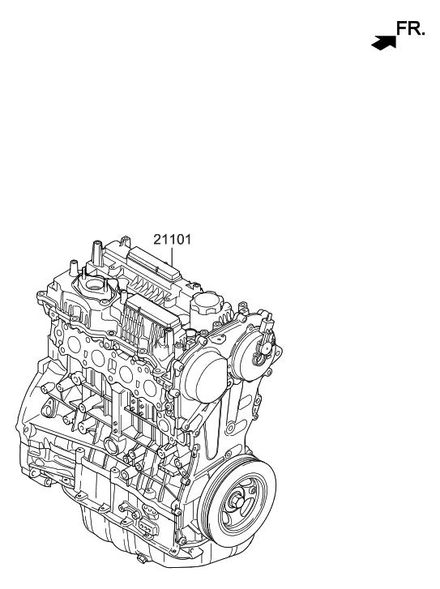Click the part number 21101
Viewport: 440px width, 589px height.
tap(172, 239)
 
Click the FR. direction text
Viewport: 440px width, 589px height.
tap(411, 28)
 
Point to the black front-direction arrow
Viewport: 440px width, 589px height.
tap(383, 42)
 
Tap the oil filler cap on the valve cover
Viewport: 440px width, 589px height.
tap(207, 303)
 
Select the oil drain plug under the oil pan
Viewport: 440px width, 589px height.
tap(142, 560)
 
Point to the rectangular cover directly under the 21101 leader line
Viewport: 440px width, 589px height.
tap(154, 267)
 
